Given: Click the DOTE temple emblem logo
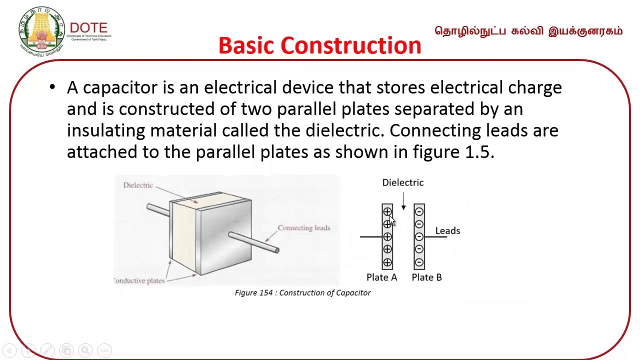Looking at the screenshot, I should [x=41, y=31].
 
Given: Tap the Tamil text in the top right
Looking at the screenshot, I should [x=528, y=31].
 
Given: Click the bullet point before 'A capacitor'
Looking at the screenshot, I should [x=52, y=87].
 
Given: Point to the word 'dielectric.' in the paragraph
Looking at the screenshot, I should [x=344, y=130].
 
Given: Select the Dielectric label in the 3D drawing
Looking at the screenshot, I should [x=138, y=185].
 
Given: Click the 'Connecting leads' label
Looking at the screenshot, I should [x=304, y=228].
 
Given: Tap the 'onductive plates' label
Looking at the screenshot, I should [x=139, y=280].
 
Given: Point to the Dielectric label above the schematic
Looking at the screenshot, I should [x=402, y=182].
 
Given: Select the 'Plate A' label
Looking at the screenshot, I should [x=381, y=277].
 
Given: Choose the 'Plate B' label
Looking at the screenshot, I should [x=426, y=277].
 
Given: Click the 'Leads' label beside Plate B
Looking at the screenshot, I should [x=447, y=230].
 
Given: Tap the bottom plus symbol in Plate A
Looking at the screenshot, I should [x=387, y=261].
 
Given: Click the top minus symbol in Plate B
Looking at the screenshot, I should [x=419, y=212].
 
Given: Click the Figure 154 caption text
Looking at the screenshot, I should [x=302, y=292].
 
